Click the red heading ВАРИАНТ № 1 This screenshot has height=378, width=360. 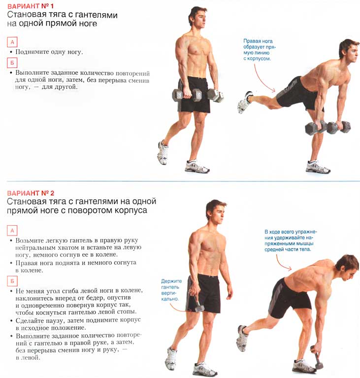[31, 6]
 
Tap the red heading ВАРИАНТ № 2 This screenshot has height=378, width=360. [31, 193]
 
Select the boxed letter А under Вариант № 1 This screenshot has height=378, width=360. [12, 42]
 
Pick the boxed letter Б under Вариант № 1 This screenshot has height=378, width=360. [12, 63]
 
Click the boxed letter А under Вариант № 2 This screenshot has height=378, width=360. [12, 231]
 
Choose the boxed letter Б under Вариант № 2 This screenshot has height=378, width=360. [12, 281]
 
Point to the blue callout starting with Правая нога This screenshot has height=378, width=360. [259, 50]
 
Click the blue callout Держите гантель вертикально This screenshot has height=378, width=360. [171, 290]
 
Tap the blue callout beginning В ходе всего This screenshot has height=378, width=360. [291, 241]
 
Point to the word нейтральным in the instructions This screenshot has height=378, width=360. [35, 247]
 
